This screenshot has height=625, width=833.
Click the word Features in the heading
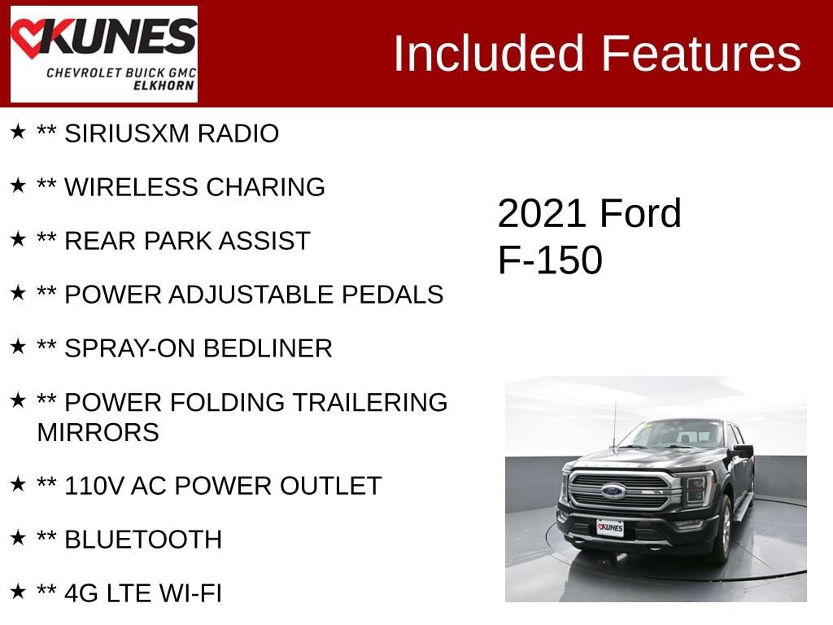(701, 54)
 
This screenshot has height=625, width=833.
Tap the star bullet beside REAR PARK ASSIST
(18, 239)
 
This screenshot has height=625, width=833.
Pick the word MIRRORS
(98, 432)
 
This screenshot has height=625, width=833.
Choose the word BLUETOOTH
(143, 540)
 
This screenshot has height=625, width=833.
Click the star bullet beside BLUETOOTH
(18, 538)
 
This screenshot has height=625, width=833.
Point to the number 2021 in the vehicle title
(543, 214)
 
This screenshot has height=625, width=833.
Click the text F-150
(550, 260)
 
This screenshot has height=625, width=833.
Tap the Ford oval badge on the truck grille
(613, 491)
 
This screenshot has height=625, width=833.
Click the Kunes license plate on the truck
(609, 528)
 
